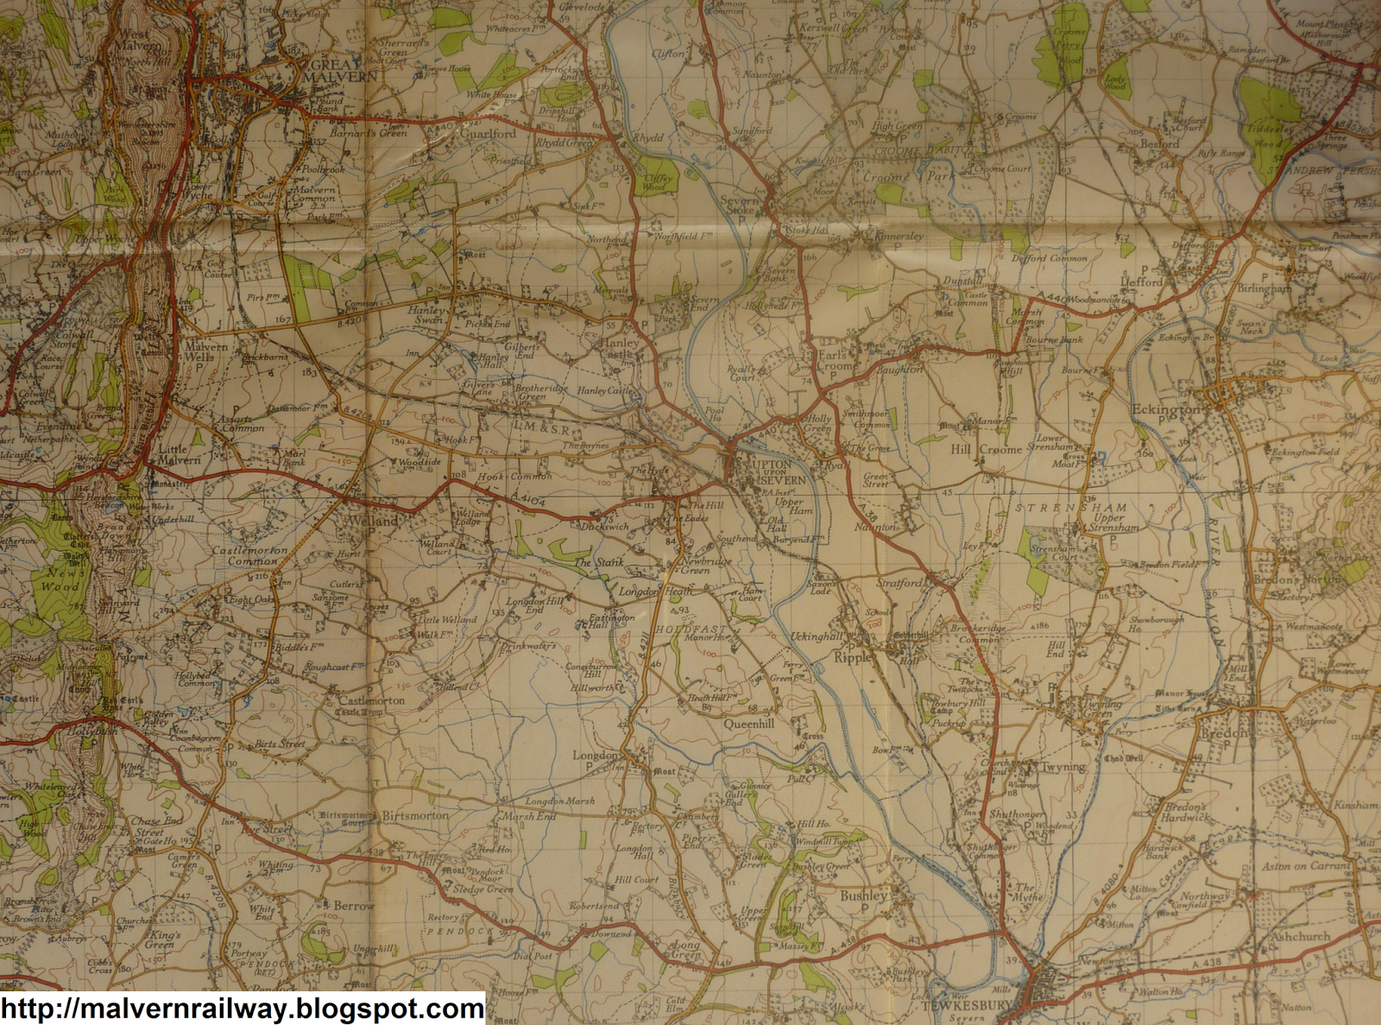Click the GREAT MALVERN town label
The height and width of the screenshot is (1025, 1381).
tap(344, 70)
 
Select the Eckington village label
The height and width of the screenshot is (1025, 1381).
tap(1165, 409)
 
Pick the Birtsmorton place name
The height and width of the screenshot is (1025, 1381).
tap(415, 815)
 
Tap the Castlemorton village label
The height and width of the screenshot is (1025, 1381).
tap(371, 700)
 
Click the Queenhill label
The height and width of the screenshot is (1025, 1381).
tap(748, 724)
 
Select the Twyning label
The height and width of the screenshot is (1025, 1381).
tap(1063, 767)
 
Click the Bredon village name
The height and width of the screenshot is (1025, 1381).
tap(1223, 733)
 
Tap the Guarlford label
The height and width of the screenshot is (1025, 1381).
tap(487, 134)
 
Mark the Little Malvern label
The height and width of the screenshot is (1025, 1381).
tap(179, 455)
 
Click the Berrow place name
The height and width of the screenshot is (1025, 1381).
tap(353, 906)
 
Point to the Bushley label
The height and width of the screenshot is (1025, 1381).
tap(863, 895)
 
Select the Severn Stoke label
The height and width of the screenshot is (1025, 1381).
tap(740, 205)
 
